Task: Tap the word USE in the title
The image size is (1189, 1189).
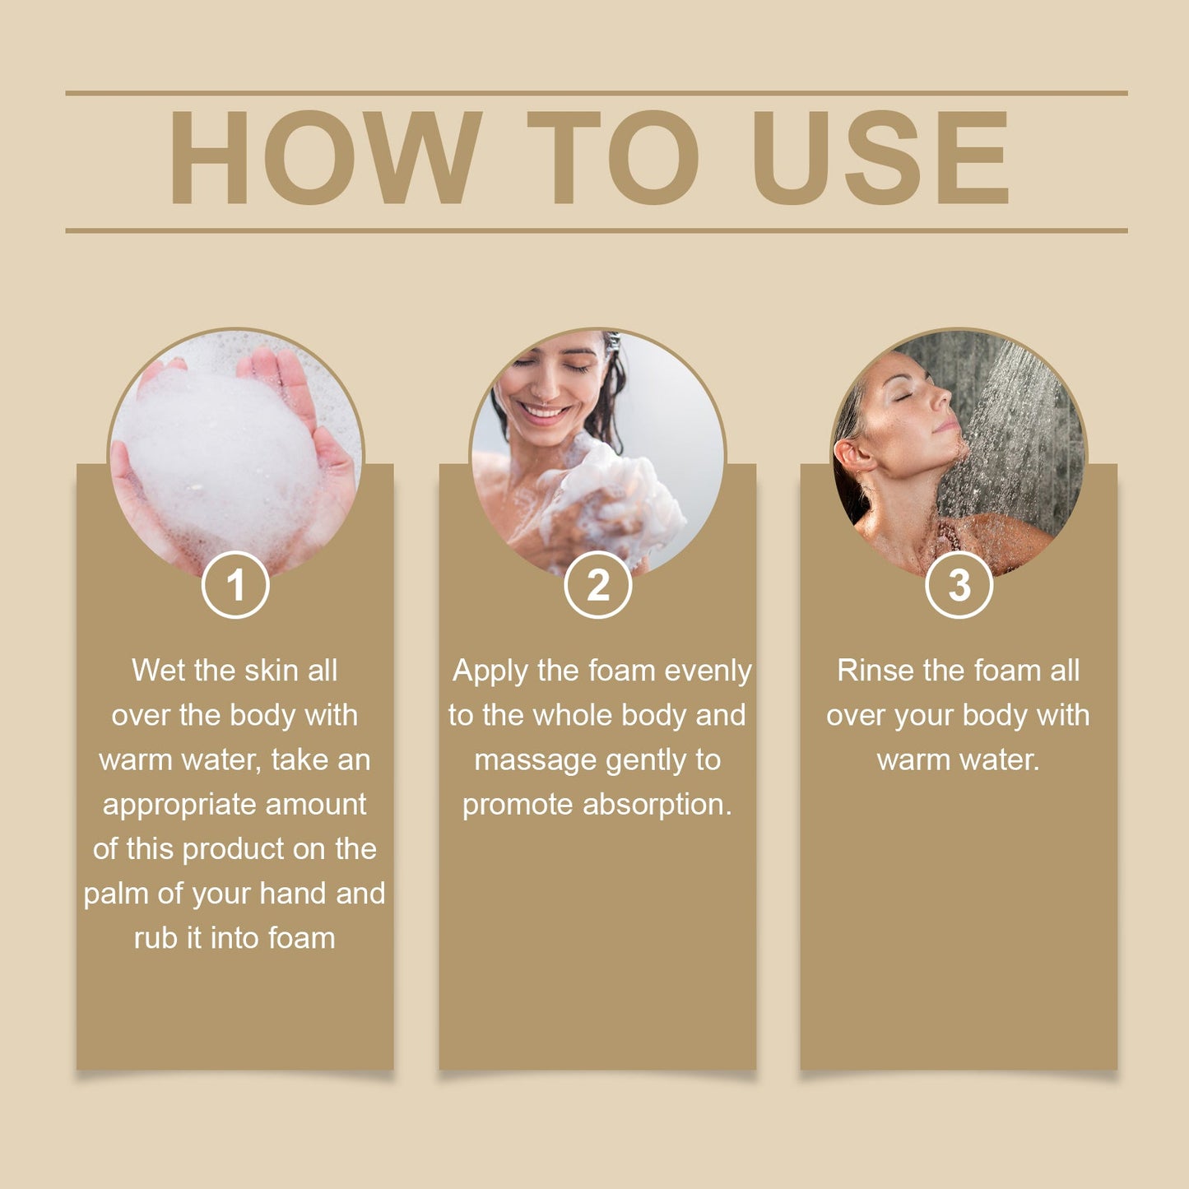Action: pos(880,157)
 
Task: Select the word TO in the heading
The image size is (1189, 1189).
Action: pos(613,157)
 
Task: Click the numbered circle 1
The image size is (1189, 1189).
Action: pos(235,585)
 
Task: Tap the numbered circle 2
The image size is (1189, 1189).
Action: pos(598,585)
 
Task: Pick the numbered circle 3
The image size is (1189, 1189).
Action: pos(959,585)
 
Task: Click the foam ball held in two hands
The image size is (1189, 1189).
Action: pos(222,461)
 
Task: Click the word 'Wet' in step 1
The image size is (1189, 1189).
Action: pos(159,671)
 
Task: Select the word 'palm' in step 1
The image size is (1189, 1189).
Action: pos(116,894)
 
